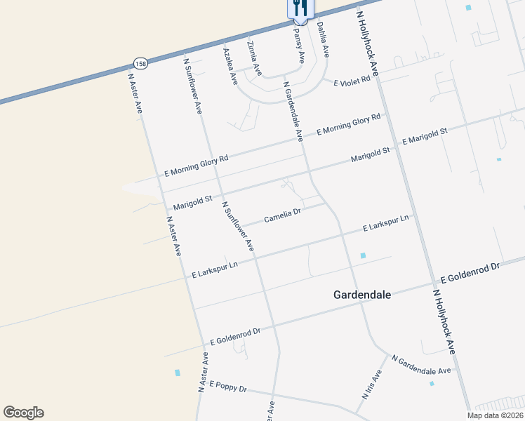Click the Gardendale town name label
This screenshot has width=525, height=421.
click(x=361, y=295)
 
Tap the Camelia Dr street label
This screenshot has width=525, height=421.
click(x=282, y=215)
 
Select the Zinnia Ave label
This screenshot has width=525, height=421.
click(x=254, y=58)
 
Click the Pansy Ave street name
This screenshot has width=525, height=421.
click(x=300, y=46)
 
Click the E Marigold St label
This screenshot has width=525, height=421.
click(x=425, y=136)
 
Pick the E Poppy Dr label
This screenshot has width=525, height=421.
click(x=228, y=387)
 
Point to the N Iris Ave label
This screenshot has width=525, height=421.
click(x=372, y=385)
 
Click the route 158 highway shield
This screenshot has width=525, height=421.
click(x=141, y=63)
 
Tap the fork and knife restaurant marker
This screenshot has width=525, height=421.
click(x=300, y=9)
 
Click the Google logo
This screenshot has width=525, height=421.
click(x=23, y=413)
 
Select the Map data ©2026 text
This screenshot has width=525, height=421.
click(x=496, y=415)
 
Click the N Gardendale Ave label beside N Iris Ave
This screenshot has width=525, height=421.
click(x=421, y=365)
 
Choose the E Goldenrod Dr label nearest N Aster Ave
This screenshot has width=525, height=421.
click(x=235, y=336)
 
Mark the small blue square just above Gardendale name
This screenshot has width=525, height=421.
click(x=363, y=256)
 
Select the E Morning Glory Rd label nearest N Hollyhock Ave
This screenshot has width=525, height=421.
click(x=348, y=124)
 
